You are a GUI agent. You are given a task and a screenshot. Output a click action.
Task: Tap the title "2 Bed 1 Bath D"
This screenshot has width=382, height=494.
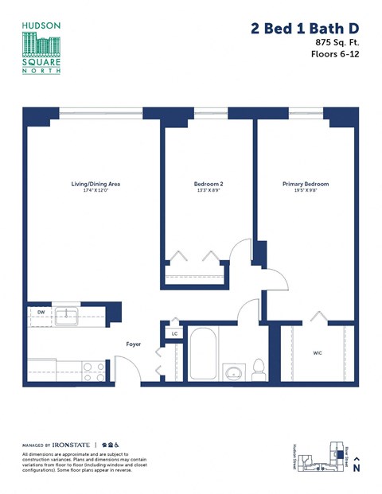304,29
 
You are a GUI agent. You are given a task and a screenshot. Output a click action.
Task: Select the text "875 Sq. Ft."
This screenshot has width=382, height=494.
337,41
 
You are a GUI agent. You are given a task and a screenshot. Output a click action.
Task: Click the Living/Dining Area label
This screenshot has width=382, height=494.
95,184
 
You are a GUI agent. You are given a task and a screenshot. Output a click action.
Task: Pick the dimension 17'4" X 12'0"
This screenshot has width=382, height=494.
95,191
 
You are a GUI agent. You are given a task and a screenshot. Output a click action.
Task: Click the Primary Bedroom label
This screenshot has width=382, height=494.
305,184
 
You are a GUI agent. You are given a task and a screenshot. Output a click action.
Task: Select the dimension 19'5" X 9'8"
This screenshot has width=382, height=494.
305,191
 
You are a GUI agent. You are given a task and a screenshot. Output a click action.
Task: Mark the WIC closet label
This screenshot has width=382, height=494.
318,351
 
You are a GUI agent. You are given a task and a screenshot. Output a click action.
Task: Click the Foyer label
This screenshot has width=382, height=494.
134,344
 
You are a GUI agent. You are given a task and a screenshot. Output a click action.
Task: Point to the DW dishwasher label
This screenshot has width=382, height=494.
40,313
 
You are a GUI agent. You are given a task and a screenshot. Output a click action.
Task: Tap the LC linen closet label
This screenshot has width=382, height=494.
174,333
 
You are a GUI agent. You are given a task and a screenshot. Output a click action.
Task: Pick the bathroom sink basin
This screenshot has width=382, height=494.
233,372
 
